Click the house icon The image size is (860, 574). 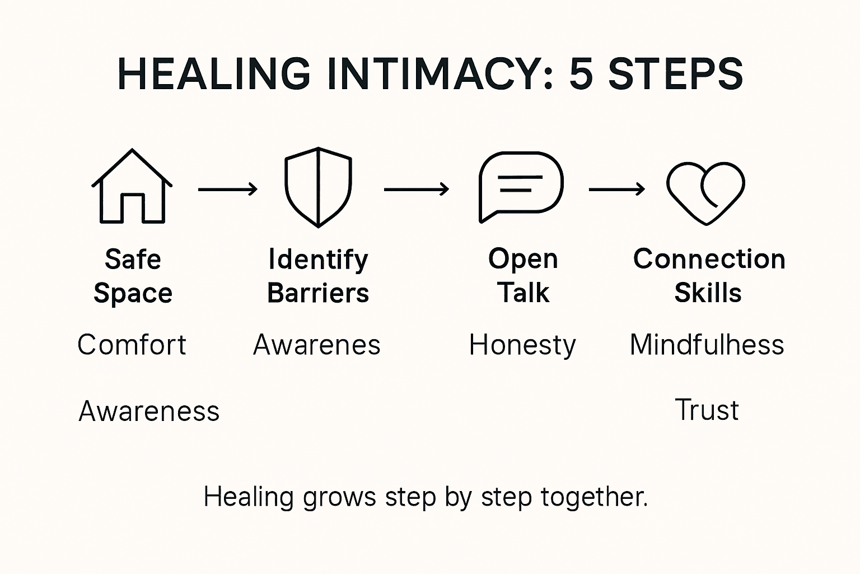point(132,187)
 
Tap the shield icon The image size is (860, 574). point(318,187)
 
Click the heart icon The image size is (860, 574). point(705,192)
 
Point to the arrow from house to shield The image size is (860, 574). point(227,189)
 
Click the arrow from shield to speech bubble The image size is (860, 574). point(416,189)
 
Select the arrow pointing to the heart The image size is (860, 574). point(616,189)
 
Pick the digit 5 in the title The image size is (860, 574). point(581,74)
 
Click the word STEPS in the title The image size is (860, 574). point(675,74)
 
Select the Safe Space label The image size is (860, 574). point(133,276)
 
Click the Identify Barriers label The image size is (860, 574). point(318,276)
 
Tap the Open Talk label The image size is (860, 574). point(523,276)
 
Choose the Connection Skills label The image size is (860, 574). point(709,276)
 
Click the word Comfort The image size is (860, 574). point(132,345)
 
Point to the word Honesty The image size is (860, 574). point(522,345)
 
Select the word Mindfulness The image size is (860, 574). point(707,345)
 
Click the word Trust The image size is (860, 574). point(707,410)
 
